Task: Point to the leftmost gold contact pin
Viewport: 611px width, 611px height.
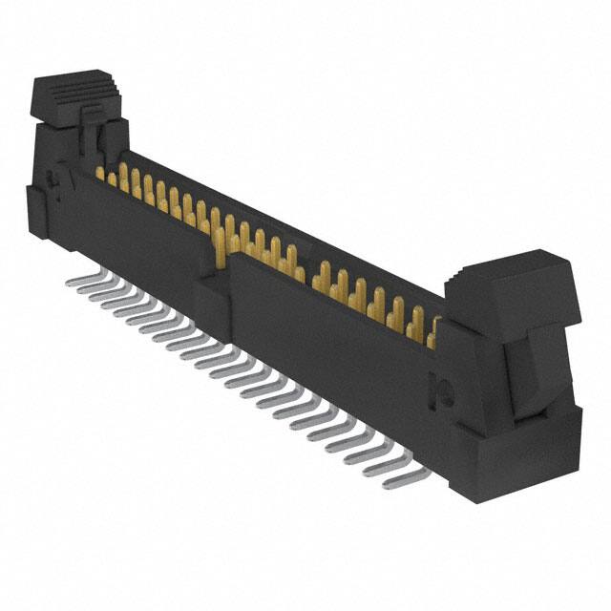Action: (x=99, y=173)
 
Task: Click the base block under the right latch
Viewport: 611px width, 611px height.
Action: (x=516, y=449)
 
